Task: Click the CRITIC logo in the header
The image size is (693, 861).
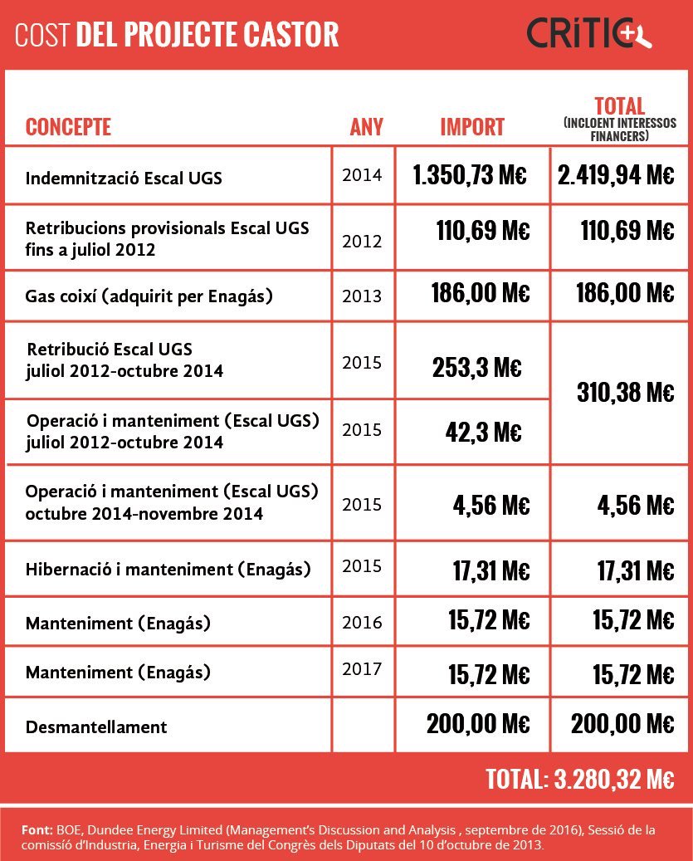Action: tap(590, 34)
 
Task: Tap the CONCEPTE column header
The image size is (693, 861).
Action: tap(68, 127)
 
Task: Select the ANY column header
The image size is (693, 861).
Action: tap(367, 127)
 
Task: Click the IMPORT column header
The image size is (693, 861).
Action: tap(472, 127)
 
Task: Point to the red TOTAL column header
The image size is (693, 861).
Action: tap(620, 106)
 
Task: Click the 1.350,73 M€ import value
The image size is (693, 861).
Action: tap(471, 175)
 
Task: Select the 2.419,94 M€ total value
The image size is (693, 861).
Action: tap(615, 175)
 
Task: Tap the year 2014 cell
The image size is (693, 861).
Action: tap(362, 175)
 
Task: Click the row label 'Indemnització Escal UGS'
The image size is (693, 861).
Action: tap(124, 178)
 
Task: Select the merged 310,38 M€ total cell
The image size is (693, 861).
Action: tap(625, 393)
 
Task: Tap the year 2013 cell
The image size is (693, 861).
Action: tap(362, 296)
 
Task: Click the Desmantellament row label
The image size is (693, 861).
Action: tap(96, 727)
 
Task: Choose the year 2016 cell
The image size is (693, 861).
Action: tap(362, 622)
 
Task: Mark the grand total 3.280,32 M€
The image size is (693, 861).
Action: tap(579, 780)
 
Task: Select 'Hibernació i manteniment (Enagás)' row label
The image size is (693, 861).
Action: tap(168, 570)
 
